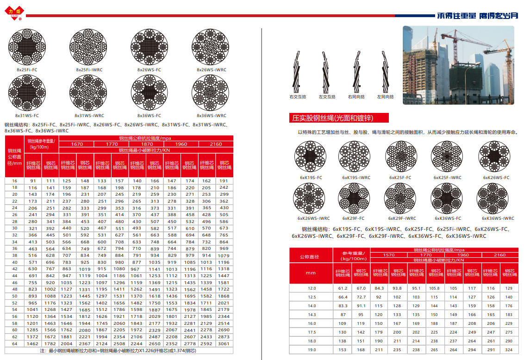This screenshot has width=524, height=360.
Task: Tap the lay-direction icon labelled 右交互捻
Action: pos(298,71)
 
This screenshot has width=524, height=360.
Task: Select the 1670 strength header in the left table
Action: pos(77,144)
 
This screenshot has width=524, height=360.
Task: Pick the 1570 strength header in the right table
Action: pos(389,255)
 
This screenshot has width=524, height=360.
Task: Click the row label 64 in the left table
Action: pos(14,344)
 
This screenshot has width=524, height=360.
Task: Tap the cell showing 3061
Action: pos(224,344)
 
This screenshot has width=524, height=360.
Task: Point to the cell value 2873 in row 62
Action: pos(224,337)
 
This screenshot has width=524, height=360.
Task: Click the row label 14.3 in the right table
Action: pos(312,315)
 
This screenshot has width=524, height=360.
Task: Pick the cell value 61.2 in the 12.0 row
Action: pos(343,288)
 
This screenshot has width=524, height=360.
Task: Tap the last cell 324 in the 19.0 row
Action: pos(509,350)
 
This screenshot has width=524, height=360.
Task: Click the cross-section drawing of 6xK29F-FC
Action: pos(354,199)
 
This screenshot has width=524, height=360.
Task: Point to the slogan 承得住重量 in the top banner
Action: pos(456,15)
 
